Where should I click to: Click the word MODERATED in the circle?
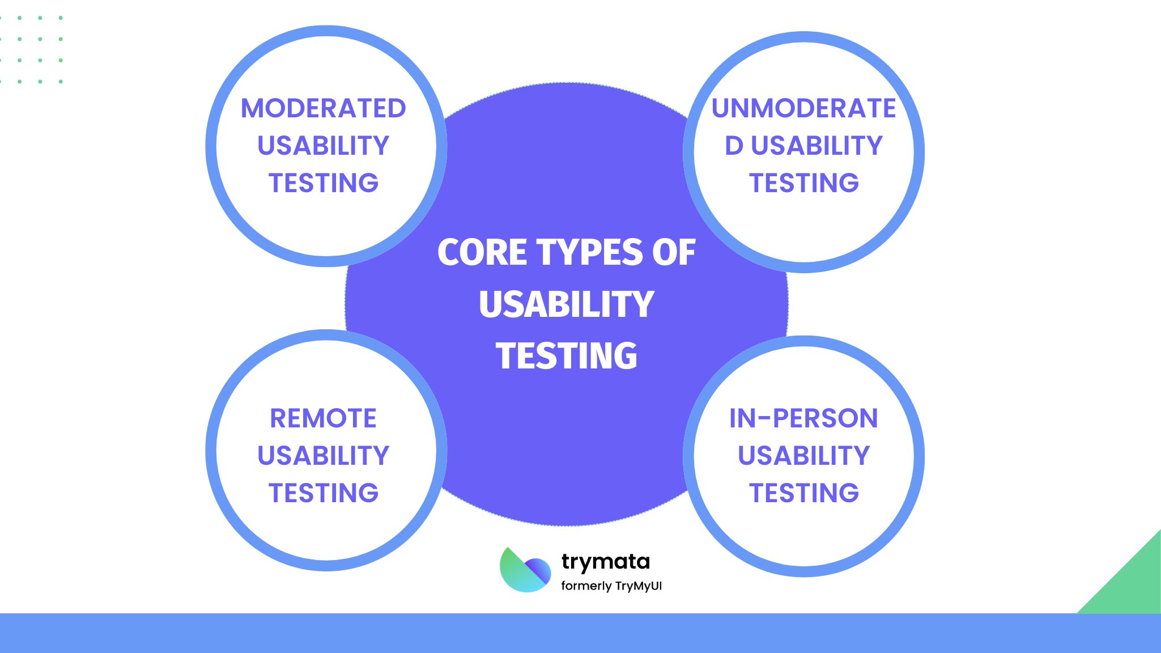pyautogui.click(x=324, y=108)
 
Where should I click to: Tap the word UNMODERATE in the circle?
pyautogui.click(x=803, y=108)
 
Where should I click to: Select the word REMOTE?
pyautogui.click(x=323, y=418)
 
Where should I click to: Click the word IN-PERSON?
pyautogui.click(x=803, y=418)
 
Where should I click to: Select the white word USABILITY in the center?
pyautogui.click(x=567, y=304)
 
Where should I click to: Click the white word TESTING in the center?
pyautogui.click(x=567, y=356)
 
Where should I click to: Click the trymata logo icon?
pyautogui.click(x=525, y=570)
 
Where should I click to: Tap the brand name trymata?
pyautogui.click(x=605, y=562)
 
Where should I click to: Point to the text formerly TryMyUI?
pyautogui.click(x=611, y=586)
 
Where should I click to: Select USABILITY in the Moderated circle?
pyautogui.click(x=323, y=146)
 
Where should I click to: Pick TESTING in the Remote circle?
pyautogui.click(x=323, y=493)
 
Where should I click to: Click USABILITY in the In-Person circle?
pyautogui.click(x=803, y=456)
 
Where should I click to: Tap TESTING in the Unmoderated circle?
pyautogui.click(x=803, y=183)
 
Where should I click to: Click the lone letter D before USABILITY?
pyautogui.click(x=734, y=146)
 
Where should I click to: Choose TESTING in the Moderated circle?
pyautogui.click(x=323, y=183)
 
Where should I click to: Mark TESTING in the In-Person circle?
pyautogui.click(x=803, y=493)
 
